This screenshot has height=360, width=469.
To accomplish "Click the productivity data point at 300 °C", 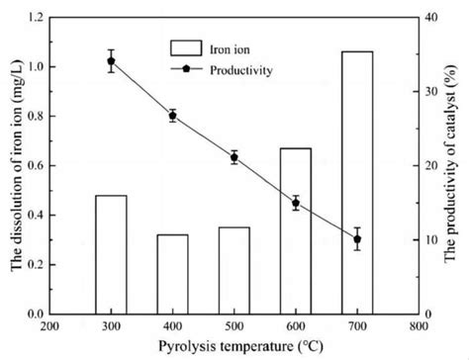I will [x=111, y=61].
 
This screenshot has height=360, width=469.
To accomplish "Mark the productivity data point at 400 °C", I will [x=172, y=116].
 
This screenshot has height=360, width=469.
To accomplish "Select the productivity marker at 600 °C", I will [x=296, y=203].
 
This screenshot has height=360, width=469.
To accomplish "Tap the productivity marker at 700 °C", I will [x=357, y=239].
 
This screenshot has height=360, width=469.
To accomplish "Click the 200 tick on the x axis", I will [x=49, y=324].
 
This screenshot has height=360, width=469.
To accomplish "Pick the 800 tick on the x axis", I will [x=419, y=324].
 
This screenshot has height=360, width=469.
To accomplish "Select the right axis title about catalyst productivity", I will [x=455, y=165].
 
